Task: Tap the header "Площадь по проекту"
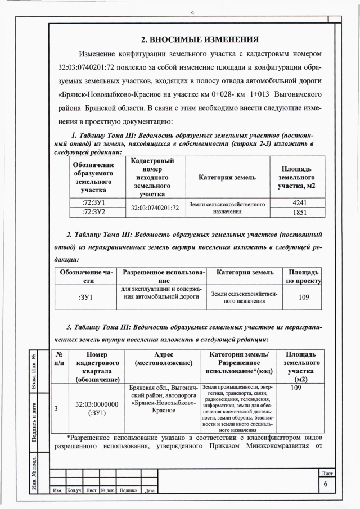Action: point(304,276)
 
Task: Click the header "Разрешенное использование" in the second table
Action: point(164,276)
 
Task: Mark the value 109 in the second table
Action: point(304,297)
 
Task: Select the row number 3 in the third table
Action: point(56,408)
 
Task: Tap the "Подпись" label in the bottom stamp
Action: point(128,491)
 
